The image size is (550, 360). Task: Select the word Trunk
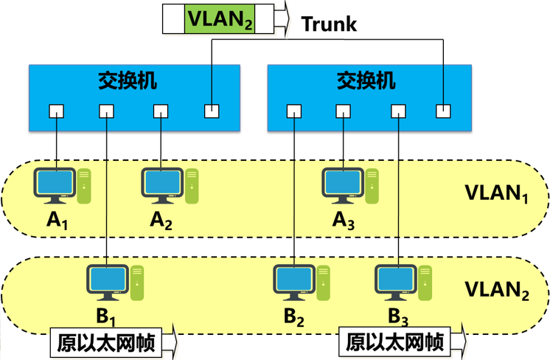click(x=329, y=24)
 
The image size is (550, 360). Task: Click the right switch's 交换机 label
click(x=366, y=80)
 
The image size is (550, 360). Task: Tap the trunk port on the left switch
click(x=212, y=111)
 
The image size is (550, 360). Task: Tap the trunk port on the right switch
click(x=442, y=111)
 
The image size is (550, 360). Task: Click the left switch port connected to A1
click(x=57, y=111)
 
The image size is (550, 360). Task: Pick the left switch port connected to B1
click(x=107, y=111)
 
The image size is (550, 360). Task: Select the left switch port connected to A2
click(x=161, y=111)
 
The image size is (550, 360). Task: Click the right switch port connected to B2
click(x=294, y=111)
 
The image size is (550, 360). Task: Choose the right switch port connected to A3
click(x=343, y=111)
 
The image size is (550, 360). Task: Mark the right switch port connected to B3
click(x=398, y=111)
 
